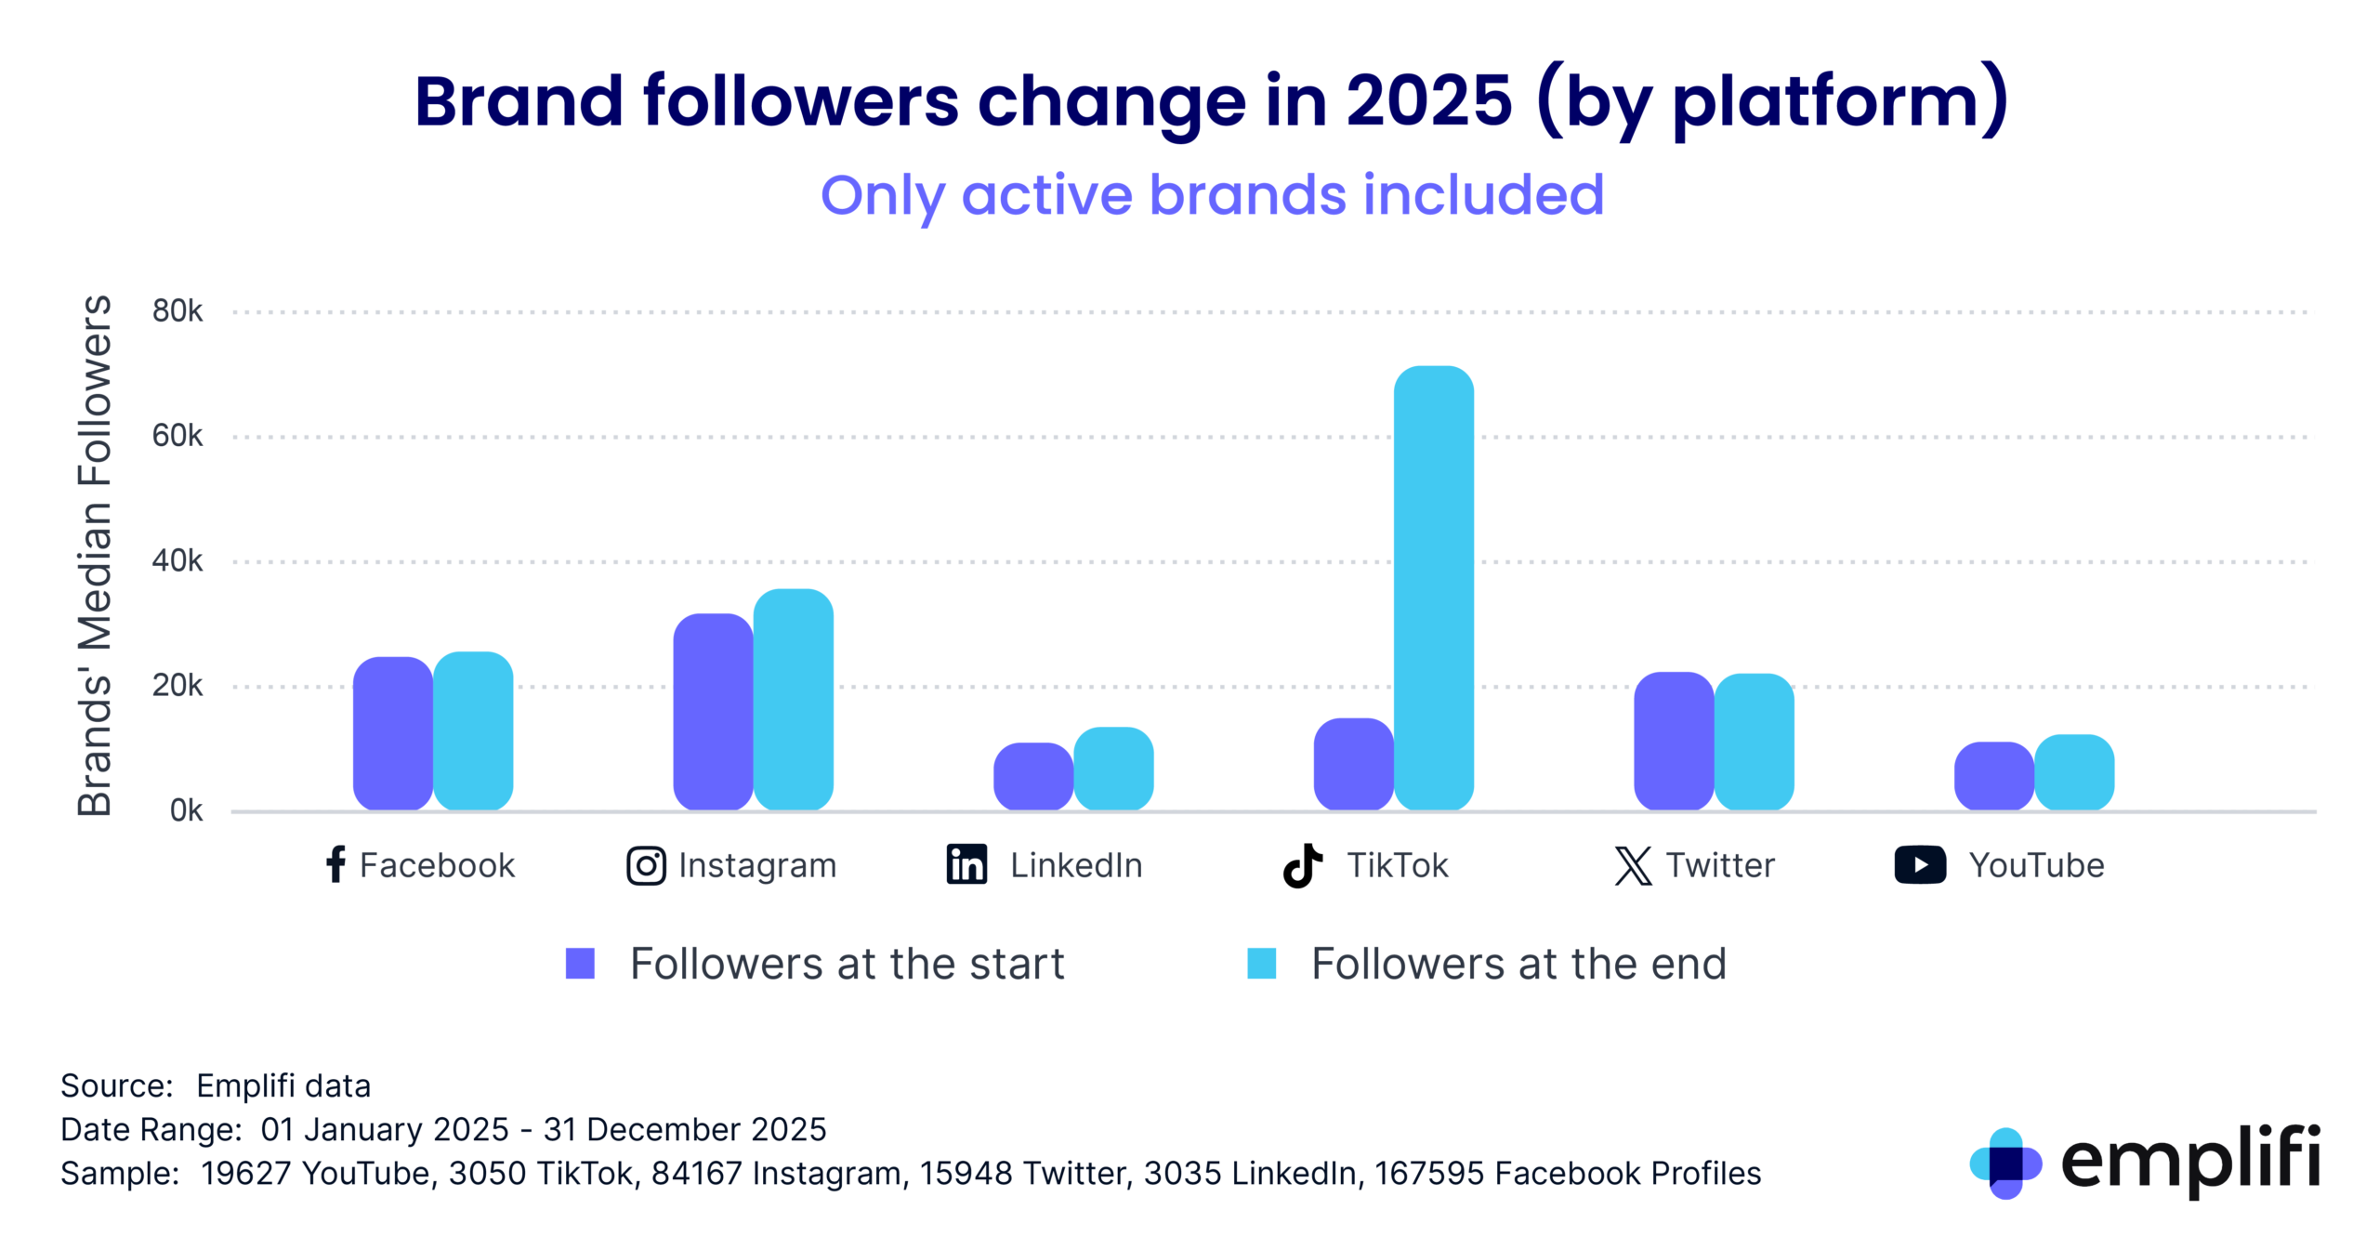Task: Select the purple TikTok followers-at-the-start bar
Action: (1353, 764)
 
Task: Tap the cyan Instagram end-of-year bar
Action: (793, 699)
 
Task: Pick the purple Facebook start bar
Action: (392, 733)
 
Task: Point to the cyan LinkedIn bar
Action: (1113, 768)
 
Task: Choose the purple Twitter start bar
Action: (1673, 741)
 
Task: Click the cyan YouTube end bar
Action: (2073, 771)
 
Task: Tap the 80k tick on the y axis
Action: (177, 311)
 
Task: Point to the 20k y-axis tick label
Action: (177, 686)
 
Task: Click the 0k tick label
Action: (186, 811)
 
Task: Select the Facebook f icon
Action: (335, 864)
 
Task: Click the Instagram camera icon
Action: (646, 865)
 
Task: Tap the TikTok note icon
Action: (1302, 865)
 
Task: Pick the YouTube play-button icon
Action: (1919, 864)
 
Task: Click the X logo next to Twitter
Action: (1633, 865)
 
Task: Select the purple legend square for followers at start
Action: (580, 964)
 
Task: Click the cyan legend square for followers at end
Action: (1261, 964)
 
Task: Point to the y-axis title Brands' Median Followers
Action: (94, 556)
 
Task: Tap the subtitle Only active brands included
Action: (1212, 195)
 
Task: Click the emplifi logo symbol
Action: (2004, 1163)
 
